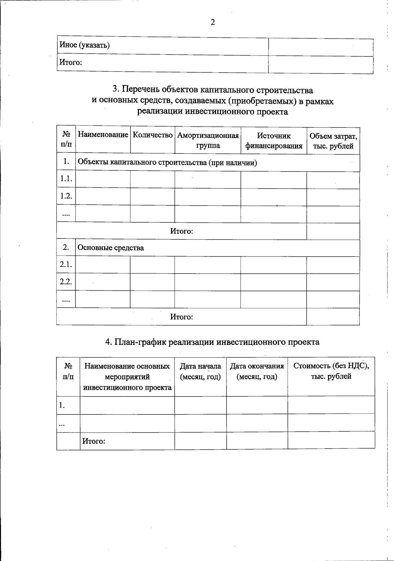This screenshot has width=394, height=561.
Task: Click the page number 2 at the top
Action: click(x=213, y=22)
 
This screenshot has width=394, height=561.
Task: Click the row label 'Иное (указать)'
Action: click(x=84, y=45)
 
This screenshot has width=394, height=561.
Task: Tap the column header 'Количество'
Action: click(x=153, y=135)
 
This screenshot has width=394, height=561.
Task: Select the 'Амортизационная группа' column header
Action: click(x=208, y=141)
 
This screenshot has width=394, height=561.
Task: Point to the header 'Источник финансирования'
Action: click(x=274, y=141)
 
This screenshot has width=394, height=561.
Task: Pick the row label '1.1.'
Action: click(x=66, y=179)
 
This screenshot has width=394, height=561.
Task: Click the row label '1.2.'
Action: click(x=66, y=196)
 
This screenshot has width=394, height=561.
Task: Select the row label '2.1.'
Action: click(x=66, y=264)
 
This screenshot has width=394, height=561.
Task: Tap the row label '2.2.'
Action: click(x=66, y=281)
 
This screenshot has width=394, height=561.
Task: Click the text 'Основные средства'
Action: click(x=111, y=248)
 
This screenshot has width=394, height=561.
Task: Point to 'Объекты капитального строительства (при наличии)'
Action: click(x=167, y=163)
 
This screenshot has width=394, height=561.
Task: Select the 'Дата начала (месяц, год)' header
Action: click(x=200, y=371)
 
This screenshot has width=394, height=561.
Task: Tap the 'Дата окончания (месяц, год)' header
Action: click(x=257, y=371)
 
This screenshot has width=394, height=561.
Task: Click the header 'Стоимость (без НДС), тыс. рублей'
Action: click(x=331, y=371)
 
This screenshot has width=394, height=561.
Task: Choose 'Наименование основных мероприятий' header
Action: click(x=127, y=376)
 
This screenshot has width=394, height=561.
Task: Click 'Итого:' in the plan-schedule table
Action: click(x=94, y=441)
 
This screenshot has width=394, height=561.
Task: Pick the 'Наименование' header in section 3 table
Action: click(x=103, y=135)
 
